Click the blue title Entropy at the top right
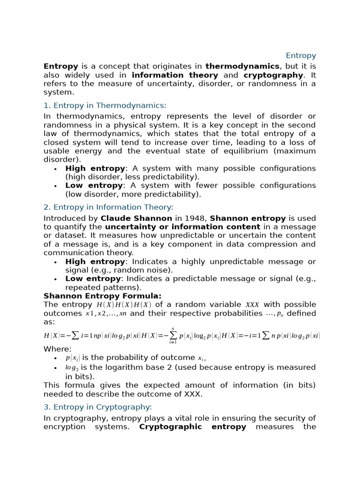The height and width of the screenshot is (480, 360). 301,56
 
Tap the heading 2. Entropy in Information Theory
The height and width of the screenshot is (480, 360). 108,207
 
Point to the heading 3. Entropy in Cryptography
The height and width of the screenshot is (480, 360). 97,407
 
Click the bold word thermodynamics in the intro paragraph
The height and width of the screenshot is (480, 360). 242,67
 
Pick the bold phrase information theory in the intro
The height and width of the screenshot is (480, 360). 175,75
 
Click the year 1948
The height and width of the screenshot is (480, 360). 196,218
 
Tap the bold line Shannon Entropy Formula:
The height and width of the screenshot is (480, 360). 102,296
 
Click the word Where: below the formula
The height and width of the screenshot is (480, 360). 58,349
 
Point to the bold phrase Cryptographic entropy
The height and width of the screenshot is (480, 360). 192,427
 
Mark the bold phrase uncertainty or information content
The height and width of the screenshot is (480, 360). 176,227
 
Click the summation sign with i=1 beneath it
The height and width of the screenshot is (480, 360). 173,336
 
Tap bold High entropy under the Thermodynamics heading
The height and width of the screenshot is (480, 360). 95,168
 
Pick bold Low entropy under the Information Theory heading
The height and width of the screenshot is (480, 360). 93,279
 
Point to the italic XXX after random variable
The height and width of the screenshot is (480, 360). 252,305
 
